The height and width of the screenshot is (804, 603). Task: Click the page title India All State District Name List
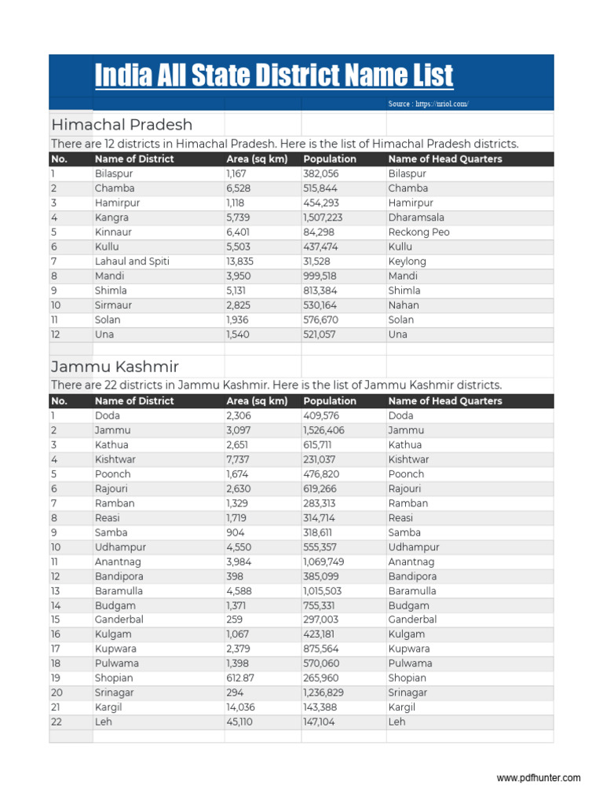[274, 76]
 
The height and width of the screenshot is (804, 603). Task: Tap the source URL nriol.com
[428, 104]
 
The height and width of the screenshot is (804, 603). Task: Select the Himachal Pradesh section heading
[122, 125]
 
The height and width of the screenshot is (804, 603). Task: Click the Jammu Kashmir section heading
[115, 367]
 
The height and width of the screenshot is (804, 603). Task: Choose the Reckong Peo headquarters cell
[418, 232]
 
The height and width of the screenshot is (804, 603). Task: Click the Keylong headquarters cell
[407, 261]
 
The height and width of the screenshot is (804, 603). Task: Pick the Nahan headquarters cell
[404, 305]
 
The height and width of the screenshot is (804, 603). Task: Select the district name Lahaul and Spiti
[132, 261]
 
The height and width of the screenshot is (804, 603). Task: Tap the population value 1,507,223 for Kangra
[323, 217]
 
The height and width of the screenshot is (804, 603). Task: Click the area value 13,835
[240, 261]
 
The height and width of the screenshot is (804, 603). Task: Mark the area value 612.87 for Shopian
[240, 678]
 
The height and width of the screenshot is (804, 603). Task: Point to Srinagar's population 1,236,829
[323, 693]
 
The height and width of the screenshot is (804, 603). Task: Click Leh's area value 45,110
[239, 722]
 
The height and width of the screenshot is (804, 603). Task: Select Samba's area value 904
[235, 532]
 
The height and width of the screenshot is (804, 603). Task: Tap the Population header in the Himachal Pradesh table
[330, 159]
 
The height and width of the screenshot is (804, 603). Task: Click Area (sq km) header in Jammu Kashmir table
[258, 401]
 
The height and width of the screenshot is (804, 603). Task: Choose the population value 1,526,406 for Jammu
[323, 430]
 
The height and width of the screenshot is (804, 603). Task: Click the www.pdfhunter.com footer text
[539, 778]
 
